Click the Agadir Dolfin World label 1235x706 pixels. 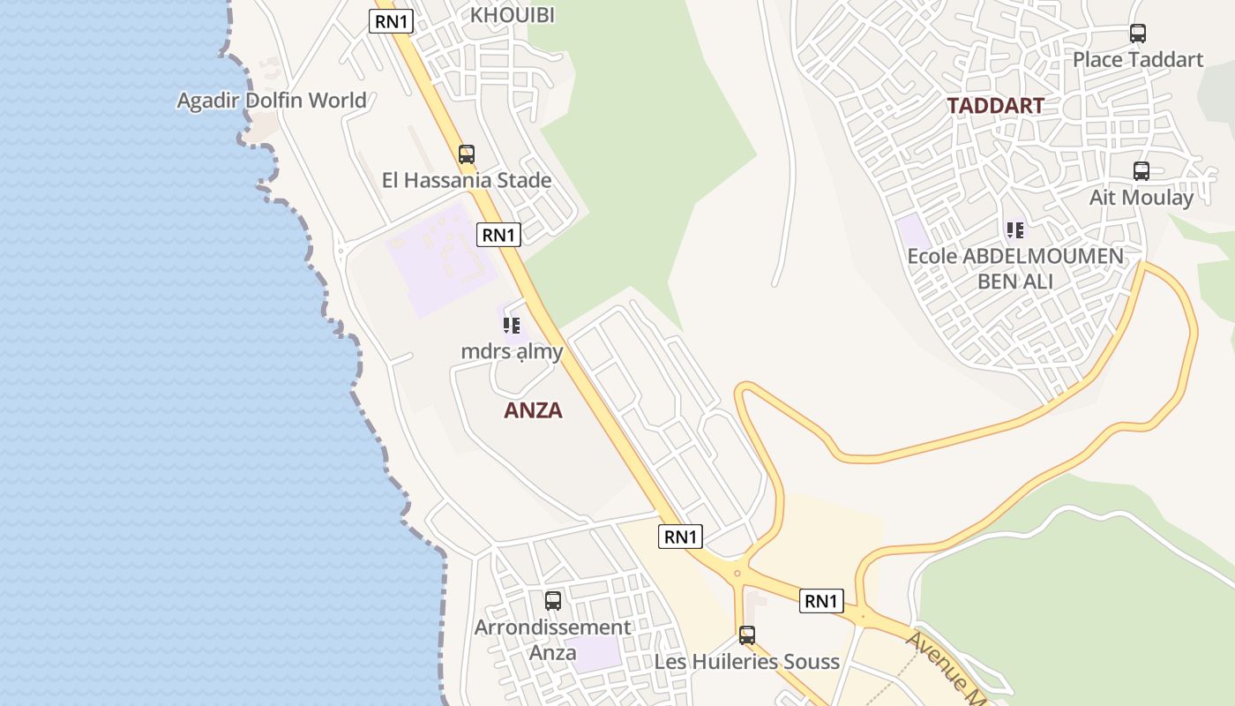coord(272,101)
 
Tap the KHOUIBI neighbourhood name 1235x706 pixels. coord(513,15)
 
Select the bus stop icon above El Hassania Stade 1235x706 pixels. coord(467,154)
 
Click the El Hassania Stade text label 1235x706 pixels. coord(467,181)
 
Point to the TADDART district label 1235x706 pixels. coord(995,106)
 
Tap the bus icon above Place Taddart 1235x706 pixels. coord(1138,34)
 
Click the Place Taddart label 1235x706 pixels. coord(1138,60)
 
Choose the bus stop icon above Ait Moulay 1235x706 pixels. coord(1141,171)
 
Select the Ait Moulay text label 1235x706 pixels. coord(1141,198)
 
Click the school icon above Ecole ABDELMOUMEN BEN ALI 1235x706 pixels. coord(1015,231)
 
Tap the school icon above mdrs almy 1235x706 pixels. coord(512,326)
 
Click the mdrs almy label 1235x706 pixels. coord(512,351)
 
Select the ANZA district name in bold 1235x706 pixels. coord(533,410)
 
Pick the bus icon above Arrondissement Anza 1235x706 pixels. coord(553,601)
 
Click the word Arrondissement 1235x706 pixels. coord(553,627)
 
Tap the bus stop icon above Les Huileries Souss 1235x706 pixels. coord(747,635)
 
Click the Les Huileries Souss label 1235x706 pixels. coord(747,661)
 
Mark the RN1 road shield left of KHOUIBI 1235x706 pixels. coord(392,22)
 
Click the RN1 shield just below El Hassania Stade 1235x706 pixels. coord(499,235)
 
